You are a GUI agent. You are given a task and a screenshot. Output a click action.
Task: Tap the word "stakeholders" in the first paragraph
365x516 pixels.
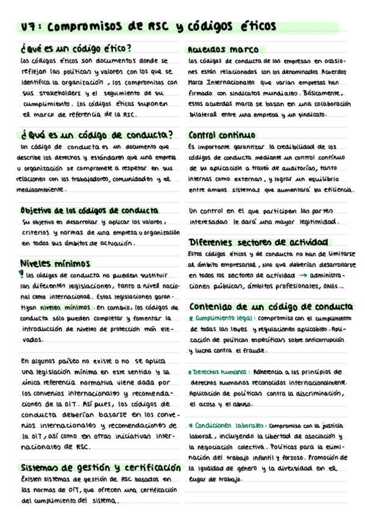click(61, 92)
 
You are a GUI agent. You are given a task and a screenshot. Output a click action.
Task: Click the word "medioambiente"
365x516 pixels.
click(41, 189)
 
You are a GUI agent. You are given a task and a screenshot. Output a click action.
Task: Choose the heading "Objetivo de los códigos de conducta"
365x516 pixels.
click(89, 211)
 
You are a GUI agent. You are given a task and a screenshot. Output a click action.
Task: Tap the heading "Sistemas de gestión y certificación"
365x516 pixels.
click(101, 468)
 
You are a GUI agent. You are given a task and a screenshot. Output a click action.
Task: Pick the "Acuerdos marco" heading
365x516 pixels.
click(223, 49)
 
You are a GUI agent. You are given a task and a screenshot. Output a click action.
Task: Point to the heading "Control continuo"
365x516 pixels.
click(222, 135)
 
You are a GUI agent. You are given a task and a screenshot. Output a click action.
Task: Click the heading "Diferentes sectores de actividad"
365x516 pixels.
click(258, 242)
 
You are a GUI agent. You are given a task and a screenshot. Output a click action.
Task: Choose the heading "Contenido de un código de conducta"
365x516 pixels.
click(269, 306)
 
